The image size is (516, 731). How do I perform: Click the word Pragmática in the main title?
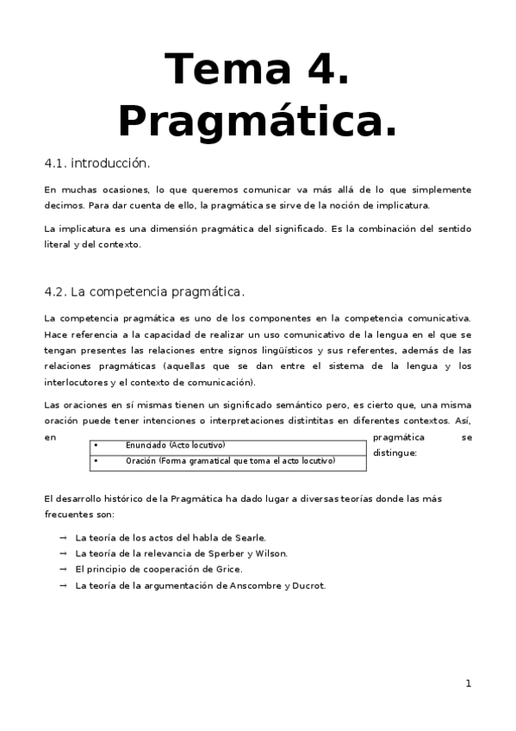258,121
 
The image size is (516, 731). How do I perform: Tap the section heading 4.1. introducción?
97,163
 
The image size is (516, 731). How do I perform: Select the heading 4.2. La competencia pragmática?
145,291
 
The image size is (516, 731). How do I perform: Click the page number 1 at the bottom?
468,684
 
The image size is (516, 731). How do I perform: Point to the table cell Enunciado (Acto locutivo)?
176,445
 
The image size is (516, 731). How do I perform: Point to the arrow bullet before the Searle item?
64,538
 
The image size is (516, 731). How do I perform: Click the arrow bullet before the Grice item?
64,570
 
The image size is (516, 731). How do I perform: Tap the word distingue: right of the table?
395,453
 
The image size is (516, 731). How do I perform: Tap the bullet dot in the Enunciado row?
96,445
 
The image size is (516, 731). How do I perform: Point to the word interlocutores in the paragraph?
76,382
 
